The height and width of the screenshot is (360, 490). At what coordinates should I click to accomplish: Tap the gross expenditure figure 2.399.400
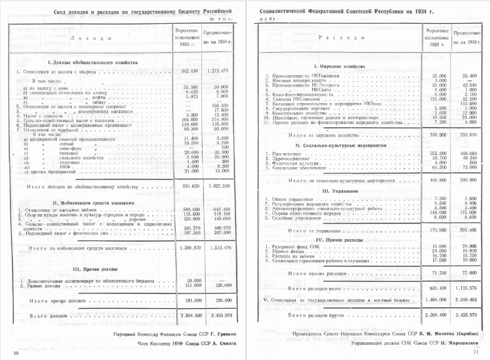(x=438, y=317)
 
